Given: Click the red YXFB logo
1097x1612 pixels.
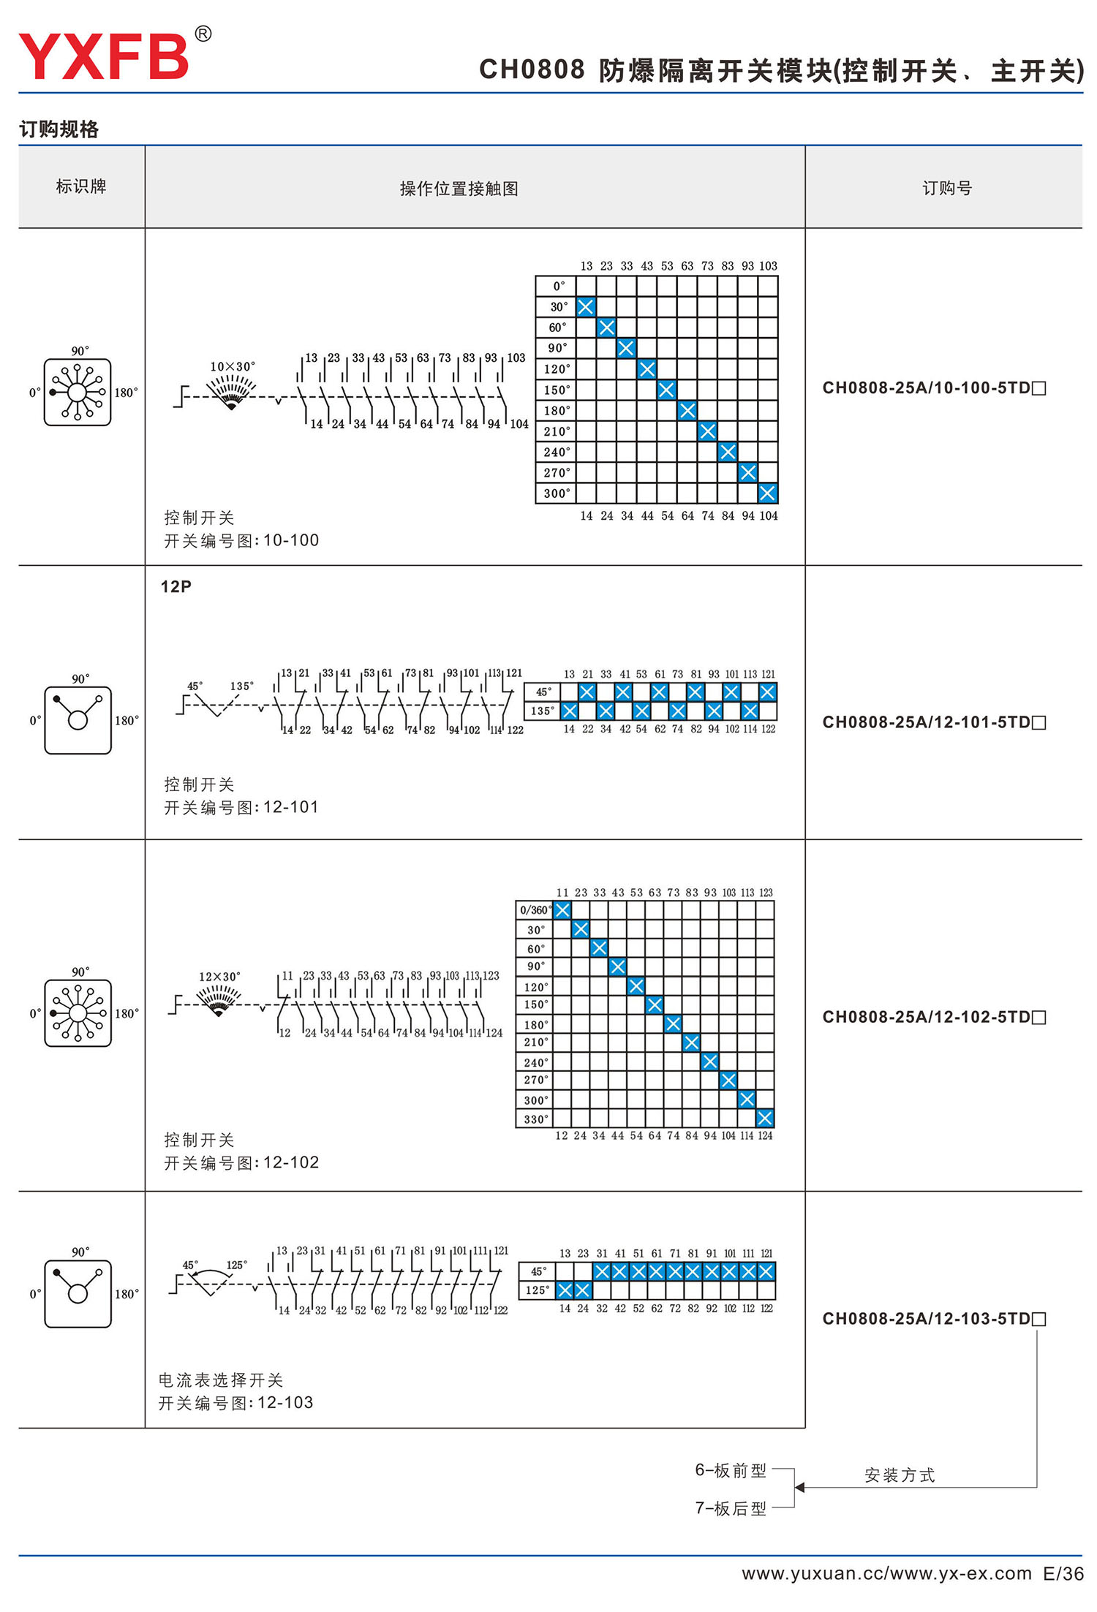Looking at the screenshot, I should point(104,56).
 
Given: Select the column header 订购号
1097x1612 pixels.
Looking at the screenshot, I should point(946,189).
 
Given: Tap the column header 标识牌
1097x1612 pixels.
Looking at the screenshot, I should point(81,187).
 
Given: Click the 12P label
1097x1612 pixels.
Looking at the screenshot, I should point(176,586).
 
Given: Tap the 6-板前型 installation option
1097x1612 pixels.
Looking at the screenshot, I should point(731,1470).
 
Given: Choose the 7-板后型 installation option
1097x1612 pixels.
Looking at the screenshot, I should point(731,1508).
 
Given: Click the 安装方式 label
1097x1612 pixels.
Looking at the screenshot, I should point(900,1475).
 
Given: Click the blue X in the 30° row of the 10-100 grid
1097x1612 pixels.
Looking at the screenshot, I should point(586,307).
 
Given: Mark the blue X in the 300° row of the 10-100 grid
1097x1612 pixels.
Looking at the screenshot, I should point(767,493).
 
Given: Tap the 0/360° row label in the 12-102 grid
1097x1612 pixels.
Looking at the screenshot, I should point(535,910).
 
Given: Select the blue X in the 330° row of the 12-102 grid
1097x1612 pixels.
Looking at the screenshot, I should point(765,1119).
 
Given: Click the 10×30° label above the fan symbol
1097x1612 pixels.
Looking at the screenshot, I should point(233,366).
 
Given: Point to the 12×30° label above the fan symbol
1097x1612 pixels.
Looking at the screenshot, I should point(219,977).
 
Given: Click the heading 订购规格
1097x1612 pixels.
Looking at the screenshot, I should point(59,129).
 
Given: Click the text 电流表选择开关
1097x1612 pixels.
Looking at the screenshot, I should point(221,1380).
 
